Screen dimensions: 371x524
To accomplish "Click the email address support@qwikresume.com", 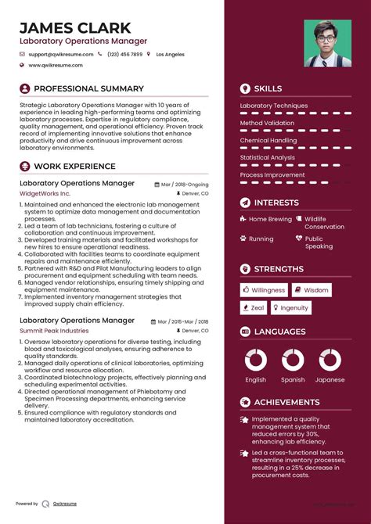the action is click(60, 55).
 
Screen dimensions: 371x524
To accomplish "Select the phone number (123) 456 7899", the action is click(125, 55).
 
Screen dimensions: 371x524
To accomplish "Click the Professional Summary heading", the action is click(88, 89).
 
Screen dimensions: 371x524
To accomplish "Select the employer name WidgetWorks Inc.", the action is click(45, 192).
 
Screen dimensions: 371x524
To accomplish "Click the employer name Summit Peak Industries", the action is click(54, 331).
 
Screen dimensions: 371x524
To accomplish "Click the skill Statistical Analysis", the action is click(267, 157).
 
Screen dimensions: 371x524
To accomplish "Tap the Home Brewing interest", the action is click(269, 220).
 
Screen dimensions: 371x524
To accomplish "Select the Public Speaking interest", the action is click(319, 242).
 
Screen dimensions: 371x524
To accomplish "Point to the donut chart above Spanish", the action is click(293, 360).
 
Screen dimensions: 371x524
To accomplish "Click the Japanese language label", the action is click(330, 380).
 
